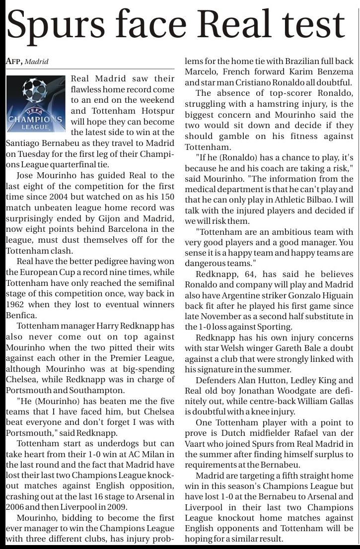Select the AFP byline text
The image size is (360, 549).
click(14, 62)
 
